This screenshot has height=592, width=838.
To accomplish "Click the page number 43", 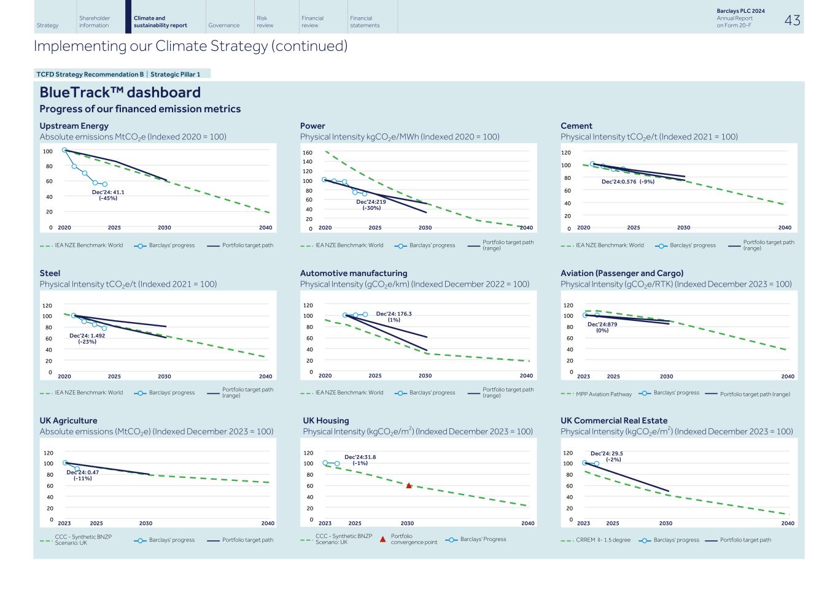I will pos(792,20).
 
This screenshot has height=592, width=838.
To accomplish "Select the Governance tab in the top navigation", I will pos(223,25).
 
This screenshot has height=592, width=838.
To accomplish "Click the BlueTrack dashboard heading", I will pos(120,93).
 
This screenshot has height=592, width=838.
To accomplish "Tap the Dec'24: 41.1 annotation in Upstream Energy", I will pos(108,195).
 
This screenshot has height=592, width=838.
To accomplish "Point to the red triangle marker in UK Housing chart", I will pos(409,485).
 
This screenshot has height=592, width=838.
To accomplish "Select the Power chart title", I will pos(312,126).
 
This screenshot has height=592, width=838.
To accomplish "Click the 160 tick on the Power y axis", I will pos(308,153).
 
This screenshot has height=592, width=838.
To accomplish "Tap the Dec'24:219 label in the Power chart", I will pos(371,205).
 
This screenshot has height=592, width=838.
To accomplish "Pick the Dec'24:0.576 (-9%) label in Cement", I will pos(627,182).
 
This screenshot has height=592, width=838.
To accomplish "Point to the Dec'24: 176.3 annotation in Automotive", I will pos(394,317).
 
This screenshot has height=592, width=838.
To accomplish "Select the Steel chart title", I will pos(50,273).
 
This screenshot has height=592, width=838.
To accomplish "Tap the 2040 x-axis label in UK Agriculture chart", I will pos(268,523).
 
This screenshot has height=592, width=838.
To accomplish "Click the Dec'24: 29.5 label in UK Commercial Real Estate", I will pos(607,456).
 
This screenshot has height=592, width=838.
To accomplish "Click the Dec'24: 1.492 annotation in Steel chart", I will pos(87,339).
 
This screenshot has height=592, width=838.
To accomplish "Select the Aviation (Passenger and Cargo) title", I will pos(621,273).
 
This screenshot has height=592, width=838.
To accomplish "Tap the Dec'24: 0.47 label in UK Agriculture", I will pos(82,475).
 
